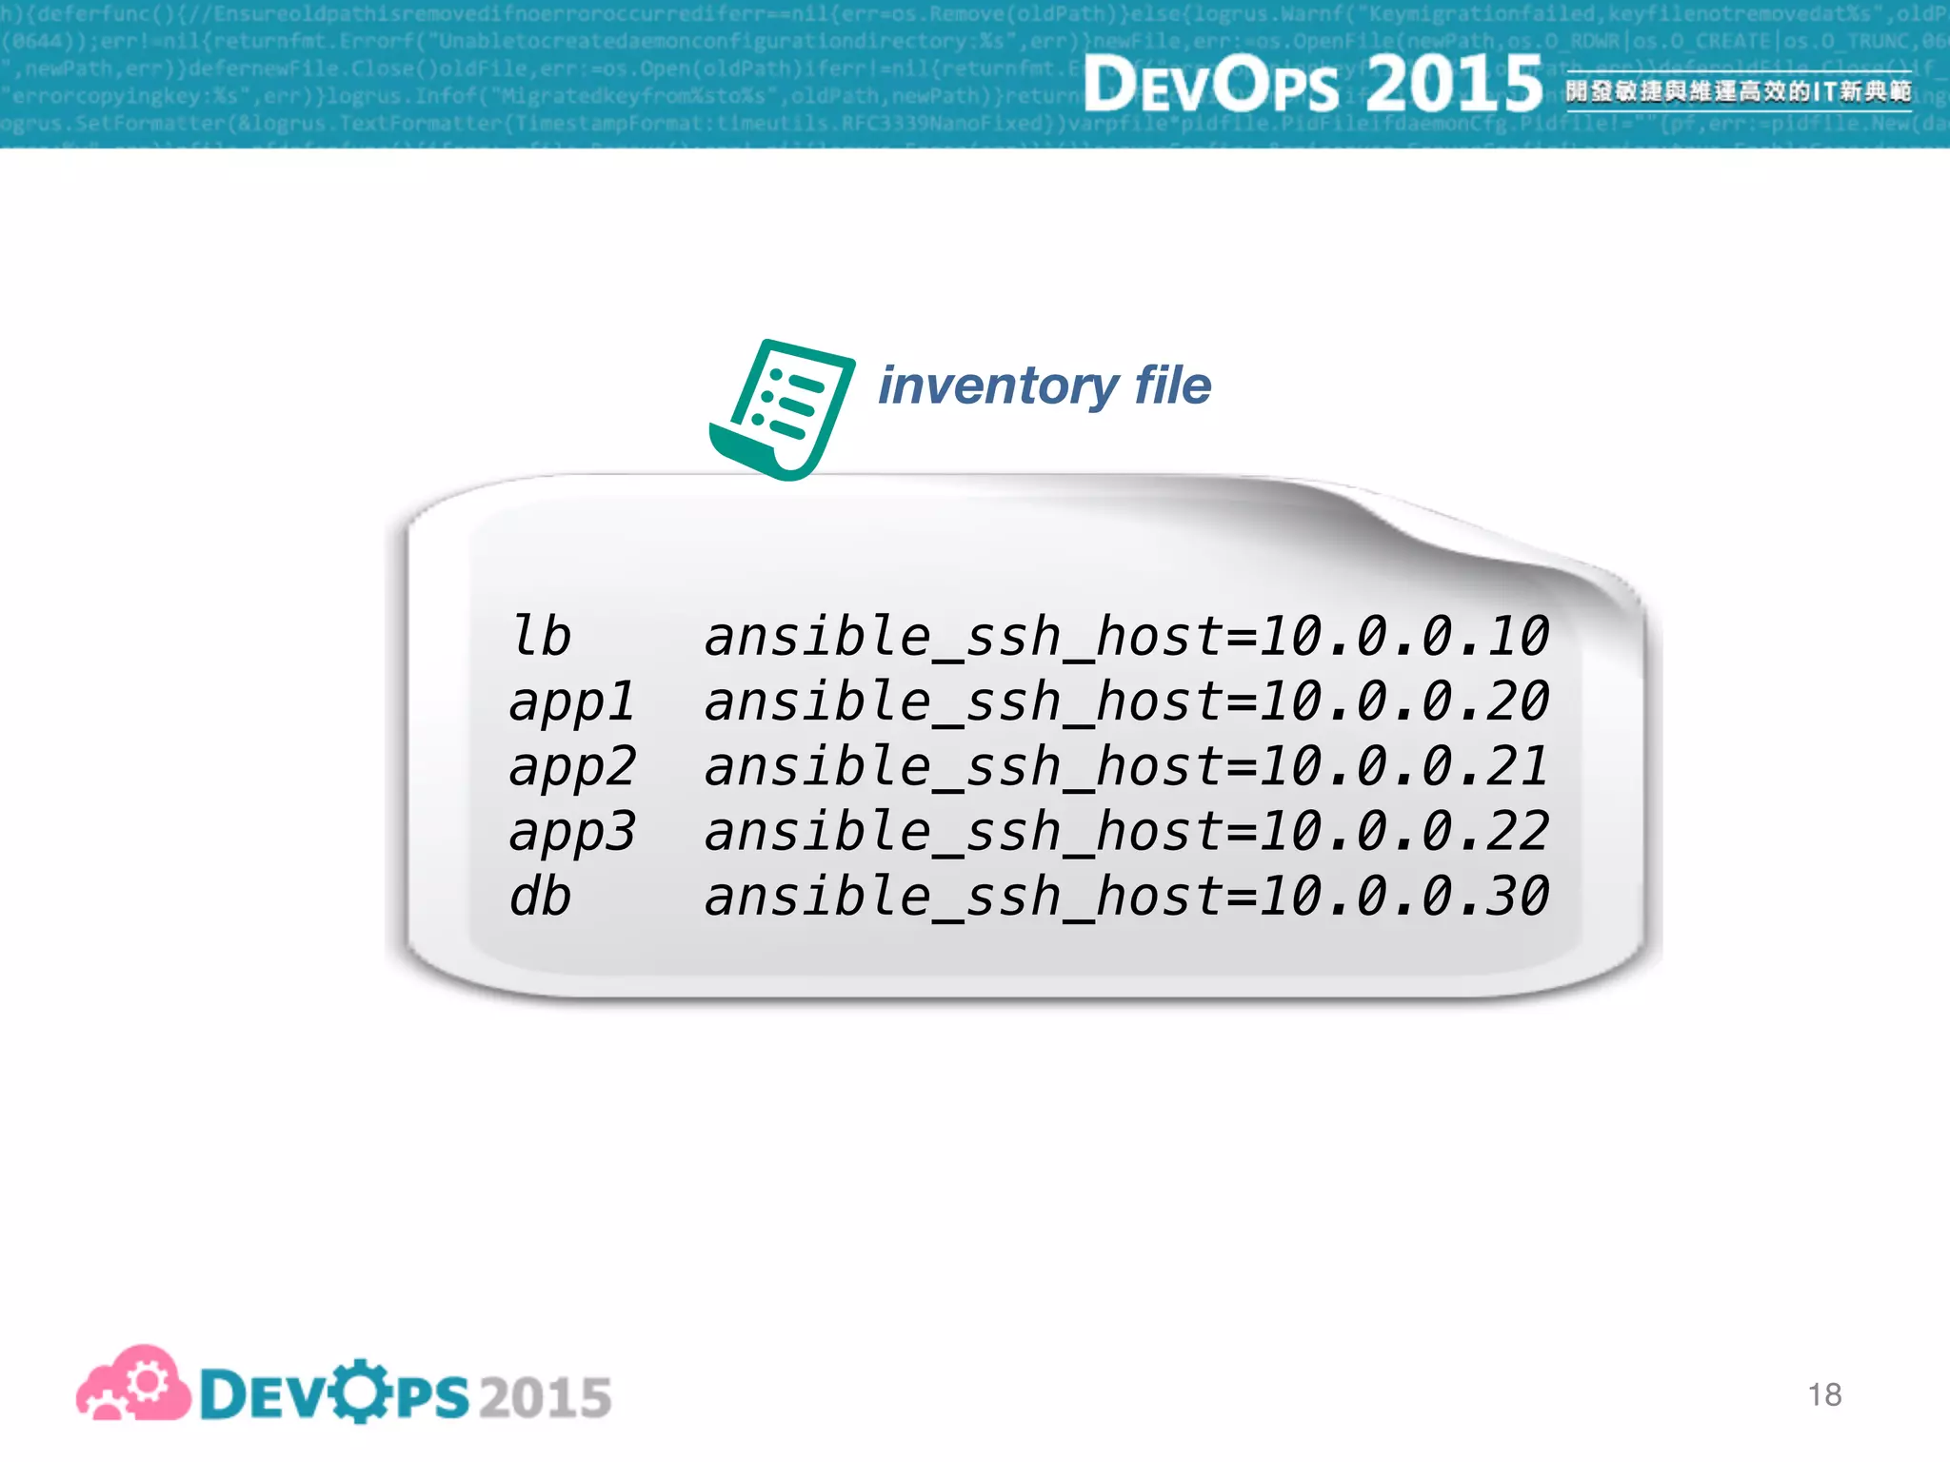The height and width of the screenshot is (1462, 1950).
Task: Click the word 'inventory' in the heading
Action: pyautogui.click(x=998, y=386)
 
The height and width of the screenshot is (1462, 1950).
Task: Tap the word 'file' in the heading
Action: pyautogui.click(x=1173, y=385)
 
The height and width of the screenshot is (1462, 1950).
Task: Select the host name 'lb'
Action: pyautogui.click(x=541, y=636)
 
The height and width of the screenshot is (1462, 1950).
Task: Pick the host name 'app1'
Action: pyautogui.click(x=571, y=702)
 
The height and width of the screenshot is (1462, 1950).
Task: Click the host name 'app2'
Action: pyautogui.click(x=571, y=767)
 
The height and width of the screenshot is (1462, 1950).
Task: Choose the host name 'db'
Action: pyautogui.click(x=540, y=898)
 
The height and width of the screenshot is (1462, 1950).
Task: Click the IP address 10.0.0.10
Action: pyautogui.click(x=1404, y=636)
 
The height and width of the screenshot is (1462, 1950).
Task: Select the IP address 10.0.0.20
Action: pyautogui.click(x=1404, y=701)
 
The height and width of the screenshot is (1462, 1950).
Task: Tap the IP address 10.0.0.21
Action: pyautogui.click(x=1404, y=767)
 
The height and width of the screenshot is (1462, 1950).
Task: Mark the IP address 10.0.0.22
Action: pyautogui.click(x=1404, y=832)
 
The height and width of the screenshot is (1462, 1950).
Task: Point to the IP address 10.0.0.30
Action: pyautogui.click(x=1404, y=898)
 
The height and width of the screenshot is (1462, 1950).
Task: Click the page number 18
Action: pyautogui.click(x=1824, y=1395)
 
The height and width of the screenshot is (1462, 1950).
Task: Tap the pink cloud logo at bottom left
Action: pyautogui.click(x=133, y=1385)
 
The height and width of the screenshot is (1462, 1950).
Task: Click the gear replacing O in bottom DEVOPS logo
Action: pyautogui.click(x=360, y=1393)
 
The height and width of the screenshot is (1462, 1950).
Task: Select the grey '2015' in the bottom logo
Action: pyautogui.click(x=545, y=1397)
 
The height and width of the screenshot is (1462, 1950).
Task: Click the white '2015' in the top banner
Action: pyautogui.click(x=1454, y=84)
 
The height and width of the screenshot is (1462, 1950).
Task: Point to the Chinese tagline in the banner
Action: pyautogui.click(x=1739, y=91)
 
